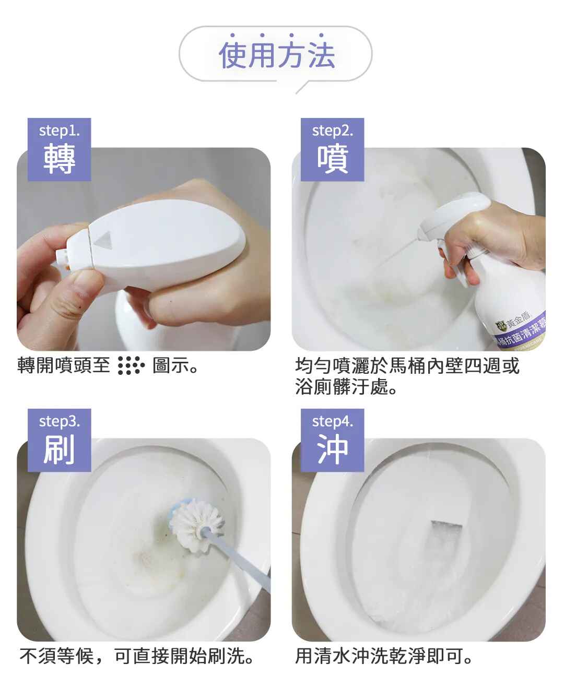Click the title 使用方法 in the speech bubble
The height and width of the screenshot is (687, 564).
point(277,55)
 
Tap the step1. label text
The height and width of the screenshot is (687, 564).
point(60,131)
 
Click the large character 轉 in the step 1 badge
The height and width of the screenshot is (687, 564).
point(60,159)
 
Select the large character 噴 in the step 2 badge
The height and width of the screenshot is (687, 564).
point(332,159)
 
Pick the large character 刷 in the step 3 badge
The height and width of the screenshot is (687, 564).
point(60,449)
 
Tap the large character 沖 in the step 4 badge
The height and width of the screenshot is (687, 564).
point(332,449)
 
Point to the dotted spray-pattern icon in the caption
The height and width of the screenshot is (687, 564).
point(131,365)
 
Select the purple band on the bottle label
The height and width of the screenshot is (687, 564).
point(520,331)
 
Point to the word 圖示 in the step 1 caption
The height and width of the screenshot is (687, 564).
point(171,365)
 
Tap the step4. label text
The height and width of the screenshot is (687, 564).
point(332,421)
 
